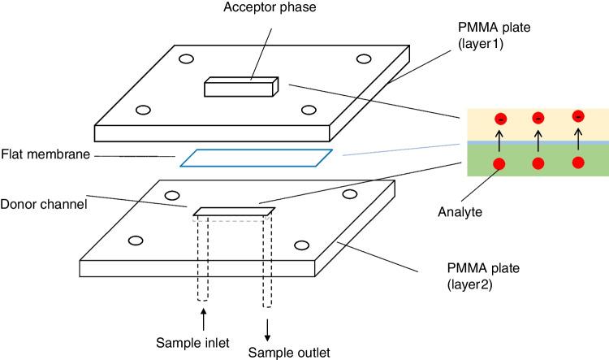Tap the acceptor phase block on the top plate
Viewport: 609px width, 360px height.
coord(241,87)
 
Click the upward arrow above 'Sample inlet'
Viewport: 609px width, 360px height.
coord(202,315)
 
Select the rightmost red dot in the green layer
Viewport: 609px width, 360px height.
coord(578,162)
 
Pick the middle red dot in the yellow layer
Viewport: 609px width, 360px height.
coord(538,119)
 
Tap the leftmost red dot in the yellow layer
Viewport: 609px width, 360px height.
coord(502,120)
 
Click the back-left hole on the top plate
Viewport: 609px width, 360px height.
coord(186,59)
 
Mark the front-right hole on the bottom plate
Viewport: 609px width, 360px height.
coord(302,245)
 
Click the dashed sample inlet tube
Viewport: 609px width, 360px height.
coord(202,260)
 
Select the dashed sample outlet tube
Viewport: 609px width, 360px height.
coord(266,260)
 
